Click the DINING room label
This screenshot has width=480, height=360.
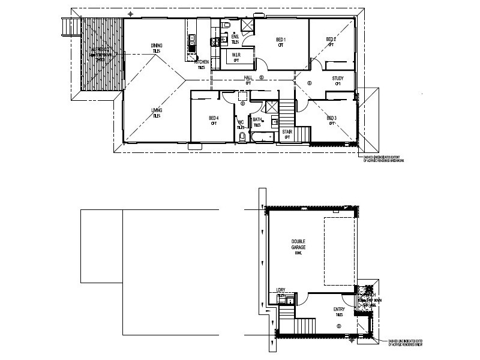(x=157, y=45)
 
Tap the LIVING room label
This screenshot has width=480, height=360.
(x=157, y=110)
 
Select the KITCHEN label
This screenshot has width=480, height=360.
(x=201, y=62)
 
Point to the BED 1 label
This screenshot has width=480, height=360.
(x=280, y=40)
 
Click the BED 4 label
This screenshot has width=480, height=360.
(x=214, y=118)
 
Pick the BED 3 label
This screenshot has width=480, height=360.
(x=331, y=118)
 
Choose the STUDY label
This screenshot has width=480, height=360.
(x=338, y=77)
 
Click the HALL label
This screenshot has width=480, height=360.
(x=247, y=78)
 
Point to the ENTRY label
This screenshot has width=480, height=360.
(x=339, y=310)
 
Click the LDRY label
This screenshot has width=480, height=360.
(x=281, y=289)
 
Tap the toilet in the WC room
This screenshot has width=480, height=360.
(x=242, y=137)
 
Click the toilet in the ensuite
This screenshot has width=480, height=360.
(x=226, y=27)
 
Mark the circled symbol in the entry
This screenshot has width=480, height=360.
(x=340, y=326)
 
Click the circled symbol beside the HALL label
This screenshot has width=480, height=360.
(x=262, y=77)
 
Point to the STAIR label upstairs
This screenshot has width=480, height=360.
(x=287, y=130)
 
